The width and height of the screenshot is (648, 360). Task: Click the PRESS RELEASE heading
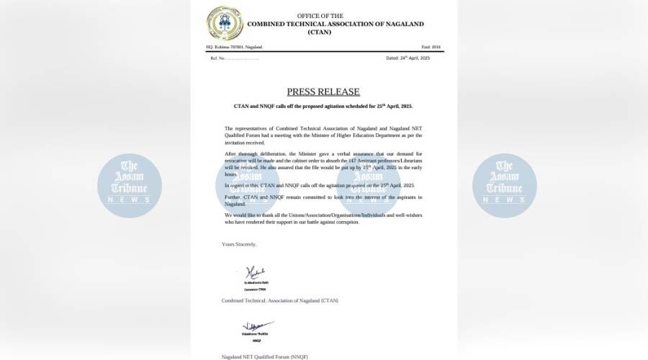coord(323,91)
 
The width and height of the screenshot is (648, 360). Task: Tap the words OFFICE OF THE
coord(320,16)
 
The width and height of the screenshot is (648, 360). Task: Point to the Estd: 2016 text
coord(431,47)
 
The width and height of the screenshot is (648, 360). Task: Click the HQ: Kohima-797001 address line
coord(234,47)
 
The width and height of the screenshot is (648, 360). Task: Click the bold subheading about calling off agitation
coord(323,106)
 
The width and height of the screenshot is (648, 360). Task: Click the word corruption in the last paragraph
coord(343,222)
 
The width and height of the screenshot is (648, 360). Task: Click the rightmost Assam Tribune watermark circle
coord(504,186)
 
